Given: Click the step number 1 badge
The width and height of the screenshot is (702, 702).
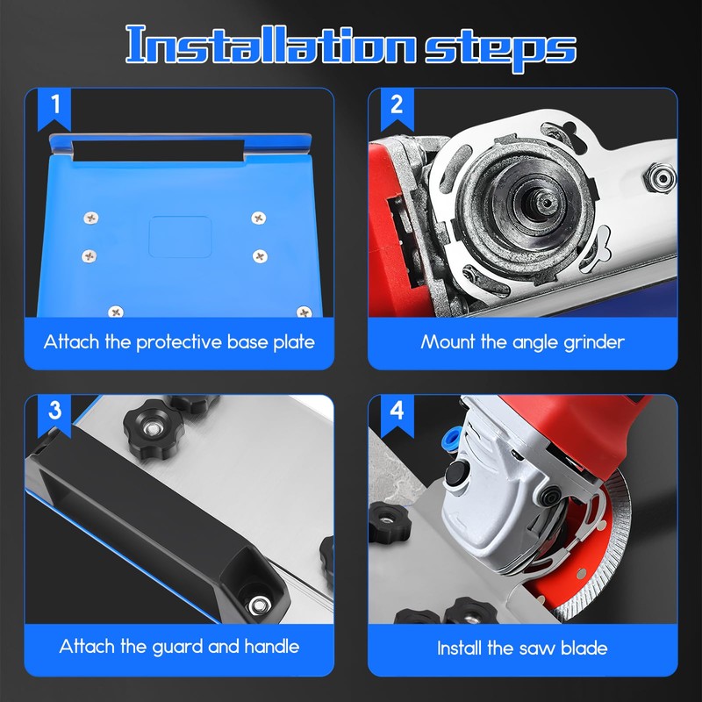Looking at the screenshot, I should click(x=55, y=106).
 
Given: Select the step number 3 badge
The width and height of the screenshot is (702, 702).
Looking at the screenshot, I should click(x=55, y=410).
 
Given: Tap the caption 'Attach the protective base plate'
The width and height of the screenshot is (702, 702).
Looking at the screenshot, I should click(x=179, y=341).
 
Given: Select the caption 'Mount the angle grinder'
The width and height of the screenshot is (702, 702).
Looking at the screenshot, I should click(x=522, y=341).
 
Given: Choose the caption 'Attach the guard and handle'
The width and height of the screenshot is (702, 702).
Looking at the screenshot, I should click(x=179, y=647).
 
